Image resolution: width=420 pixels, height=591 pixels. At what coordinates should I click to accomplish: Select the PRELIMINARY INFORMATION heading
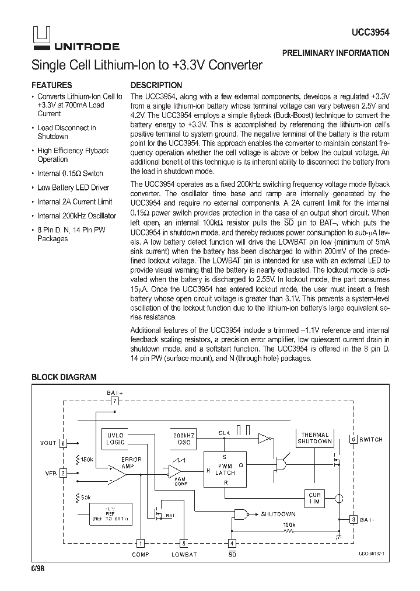pos(335,53)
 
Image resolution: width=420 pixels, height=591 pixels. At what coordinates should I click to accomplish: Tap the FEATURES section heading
pos(51,85)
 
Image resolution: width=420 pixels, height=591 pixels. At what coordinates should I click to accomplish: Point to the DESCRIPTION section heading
pos(156,85)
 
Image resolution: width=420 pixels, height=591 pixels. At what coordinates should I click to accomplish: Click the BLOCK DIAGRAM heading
pos(64,377)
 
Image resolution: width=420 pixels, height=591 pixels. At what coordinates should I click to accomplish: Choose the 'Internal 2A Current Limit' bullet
pos(75,201)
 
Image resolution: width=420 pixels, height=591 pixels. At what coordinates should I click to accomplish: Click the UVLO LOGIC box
pos(116,439)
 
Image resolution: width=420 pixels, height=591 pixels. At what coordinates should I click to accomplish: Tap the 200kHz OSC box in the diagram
pos(184,439)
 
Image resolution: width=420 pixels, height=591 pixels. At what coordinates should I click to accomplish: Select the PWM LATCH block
pos(225,468)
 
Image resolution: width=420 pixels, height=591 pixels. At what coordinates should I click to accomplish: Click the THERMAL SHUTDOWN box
pos(315,438)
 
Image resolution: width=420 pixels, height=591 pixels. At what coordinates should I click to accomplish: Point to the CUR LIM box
pos(314,498)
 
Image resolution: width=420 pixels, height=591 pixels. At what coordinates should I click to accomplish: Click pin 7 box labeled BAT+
pos(115,401)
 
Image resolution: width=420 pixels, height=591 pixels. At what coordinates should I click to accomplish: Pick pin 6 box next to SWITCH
pos(353,439)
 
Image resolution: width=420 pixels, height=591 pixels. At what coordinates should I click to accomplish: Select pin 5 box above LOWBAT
pos(184,542)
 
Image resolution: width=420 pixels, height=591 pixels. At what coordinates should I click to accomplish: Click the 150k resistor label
pos(86,459)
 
